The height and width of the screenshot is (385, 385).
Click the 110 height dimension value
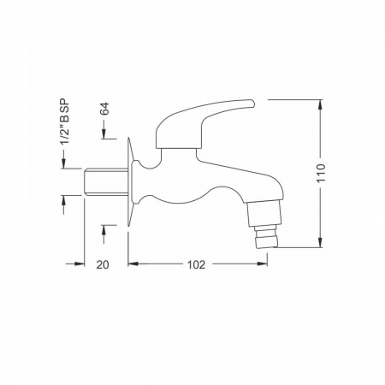click(321, 173)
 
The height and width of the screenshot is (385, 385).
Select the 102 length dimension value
click(196, 265)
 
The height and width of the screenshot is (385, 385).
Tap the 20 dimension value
click(103, 265)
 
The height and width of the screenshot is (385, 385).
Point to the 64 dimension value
click(105, 109)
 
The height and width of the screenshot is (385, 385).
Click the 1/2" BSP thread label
click(64, 121)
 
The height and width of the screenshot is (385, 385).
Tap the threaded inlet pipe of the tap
click(106, 182)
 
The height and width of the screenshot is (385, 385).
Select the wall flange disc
click(130, 182)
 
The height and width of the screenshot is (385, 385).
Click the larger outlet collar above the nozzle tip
click(265, 213)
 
